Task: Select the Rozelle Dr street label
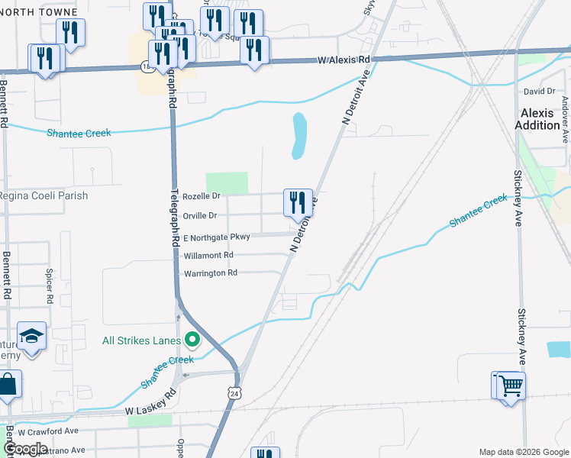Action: (x=202, y=195)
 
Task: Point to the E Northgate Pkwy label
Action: (x=216, y=237)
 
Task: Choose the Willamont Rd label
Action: (x=207, y=255)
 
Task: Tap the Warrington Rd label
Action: (x=210, y=273)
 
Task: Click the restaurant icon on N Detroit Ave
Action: (x=298, y=202)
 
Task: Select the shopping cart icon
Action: (x=511, y=385)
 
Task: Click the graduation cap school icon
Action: (x=32, y=337)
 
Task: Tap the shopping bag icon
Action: (x=8, y=386)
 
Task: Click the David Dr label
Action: (x=539, y=92)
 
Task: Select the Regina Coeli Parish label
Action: (x=44, y=195)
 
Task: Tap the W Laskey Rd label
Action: (x=151, y=412)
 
